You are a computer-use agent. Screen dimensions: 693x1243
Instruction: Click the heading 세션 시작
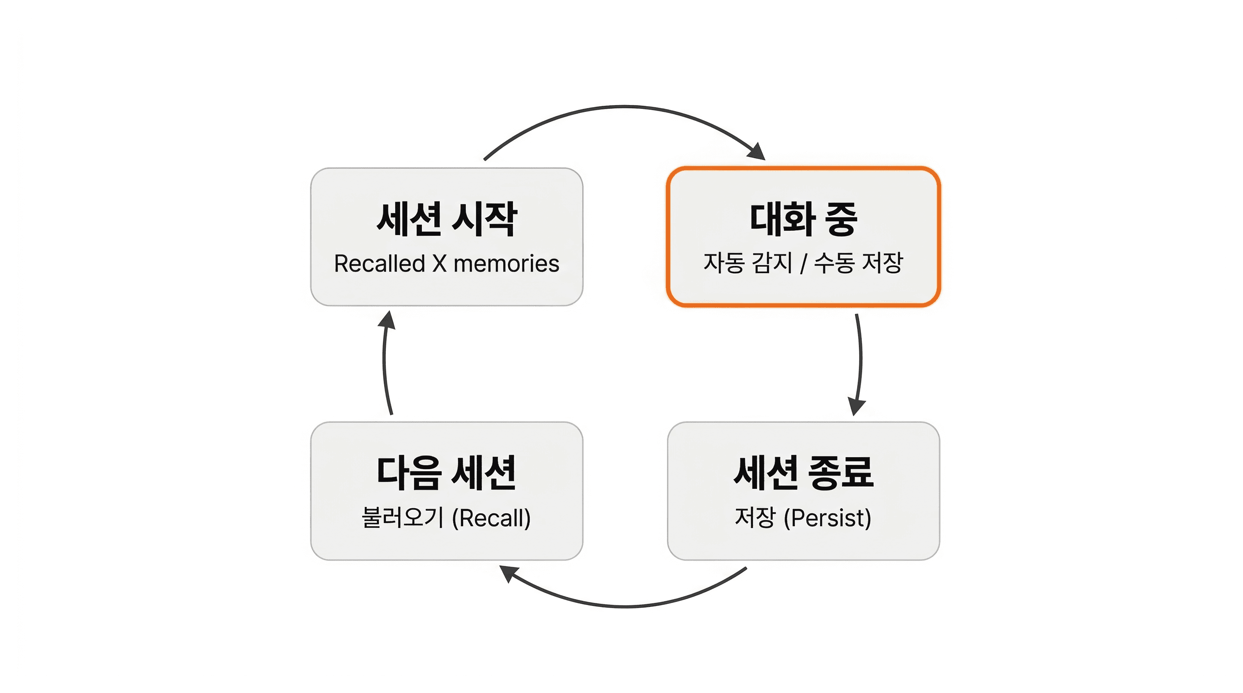click(x=446, y=220)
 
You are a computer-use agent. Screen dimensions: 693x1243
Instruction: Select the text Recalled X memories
click(x=446, y=263)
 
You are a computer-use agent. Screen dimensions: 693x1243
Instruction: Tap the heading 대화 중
click(x=803, y=220)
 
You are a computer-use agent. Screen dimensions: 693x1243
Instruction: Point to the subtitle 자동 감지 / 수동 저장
click(x=803, y=263)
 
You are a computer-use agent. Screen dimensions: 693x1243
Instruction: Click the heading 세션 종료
click(x=803, y=473)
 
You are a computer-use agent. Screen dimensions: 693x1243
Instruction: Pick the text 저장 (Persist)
click(x=803, y=518)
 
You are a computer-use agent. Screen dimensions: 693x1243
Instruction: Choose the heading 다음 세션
click(x=446, y=473)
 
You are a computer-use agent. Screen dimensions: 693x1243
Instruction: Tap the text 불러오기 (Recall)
click(x=446, y=518)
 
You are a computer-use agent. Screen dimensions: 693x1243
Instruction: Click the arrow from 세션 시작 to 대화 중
click(x=625, y=107)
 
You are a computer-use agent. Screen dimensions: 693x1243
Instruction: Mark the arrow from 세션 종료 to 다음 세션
click(x=625, y=606)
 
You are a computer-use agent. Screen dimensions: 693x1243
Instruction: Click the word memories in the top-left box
click(x=506, y=263)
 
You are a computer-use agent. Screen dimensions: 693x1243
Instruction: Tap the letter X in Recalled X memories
click(x=439, y=263)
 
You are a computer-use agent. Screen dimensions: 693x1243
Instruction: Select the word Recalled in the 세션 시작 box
click(x=380, y=263)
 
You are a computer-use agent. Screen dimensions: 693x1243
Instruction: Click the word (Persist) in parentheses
click(x=828, y=518)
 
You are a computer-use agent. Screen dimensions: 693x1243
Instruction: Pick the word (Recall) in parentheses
click(x=491, y=518)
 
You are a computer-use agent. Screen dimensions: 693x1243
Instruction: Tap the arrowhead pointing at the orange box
click(x=757, y=151)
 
